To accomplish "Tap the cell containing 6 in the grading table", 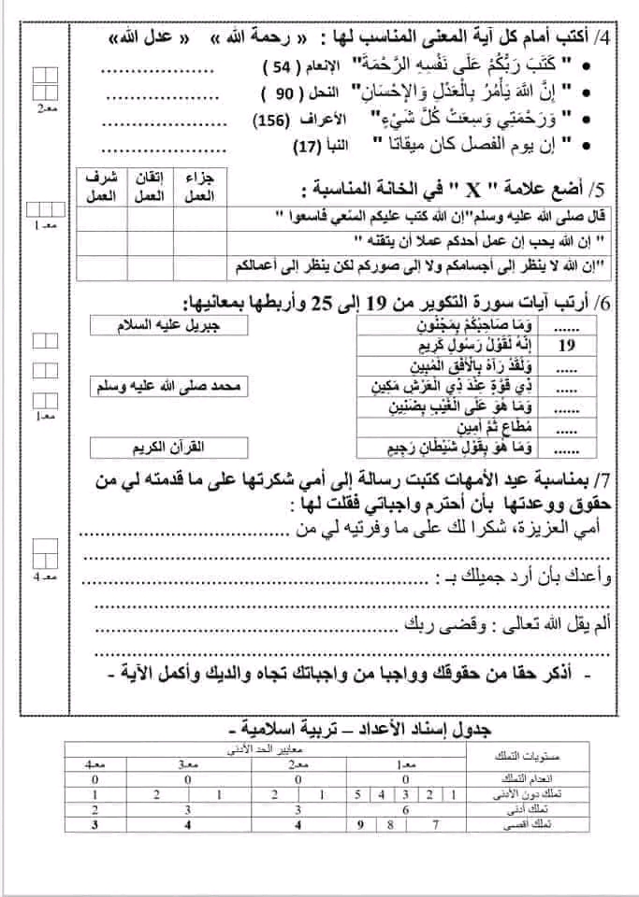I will coord(404,810).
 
